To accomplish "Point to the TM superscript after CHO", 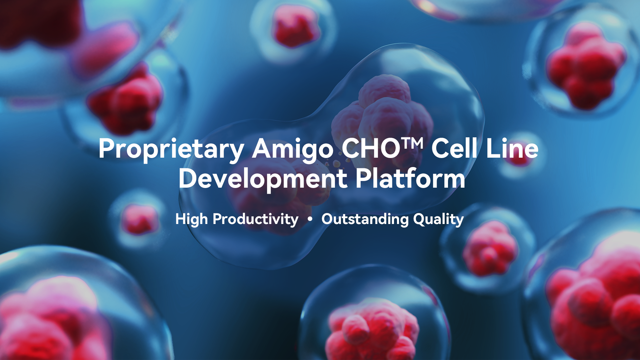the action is click(412, 143).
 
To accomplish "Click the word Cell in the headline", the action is click(455, 148).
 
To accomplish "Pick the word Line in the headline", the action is click(512, 148).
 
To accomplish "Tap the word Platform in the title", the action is click(410, 178).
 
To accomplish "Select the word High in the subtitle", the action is click(192, 220).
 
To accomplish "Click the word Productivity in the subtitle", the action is click(256, 220).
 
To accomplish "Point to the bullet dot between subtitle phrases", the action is click(310, 219).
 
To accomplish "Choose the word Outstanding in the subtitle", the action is click(365, 220).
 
